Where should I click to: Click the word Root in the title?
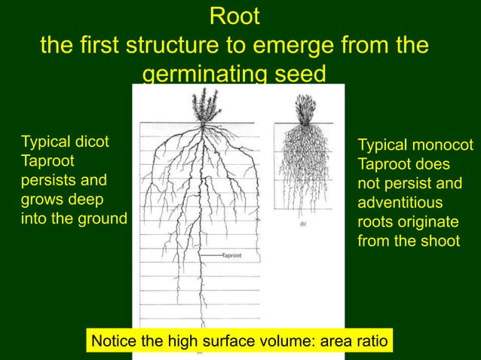(234, 15)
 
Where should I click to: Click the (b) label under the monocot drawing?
(303, 223)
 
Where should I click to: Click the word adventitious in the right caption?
(400, 203)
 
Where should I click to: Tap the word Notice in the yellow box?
(113, 342)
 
